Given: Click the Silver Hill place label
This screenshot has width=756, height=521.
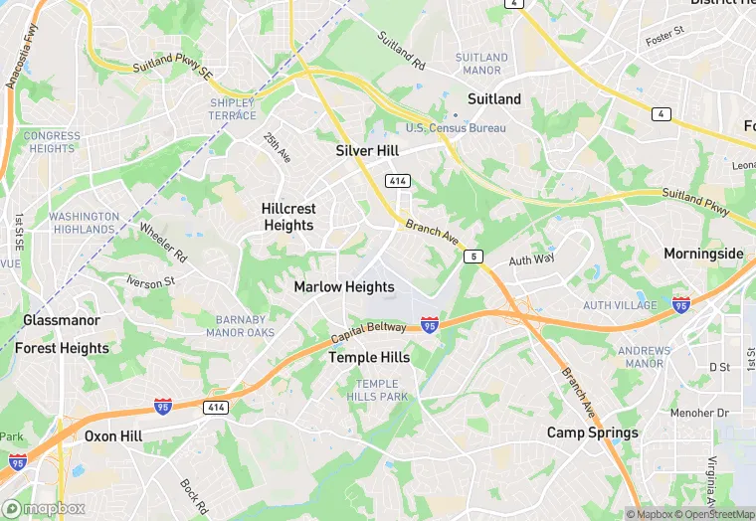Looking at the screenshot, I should point(367,150).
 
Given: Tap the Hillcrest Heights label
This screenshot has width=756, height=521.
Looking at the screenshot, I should point(288,217).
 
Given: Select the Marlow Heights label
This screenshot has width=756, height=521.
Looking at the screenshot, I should point(344,286).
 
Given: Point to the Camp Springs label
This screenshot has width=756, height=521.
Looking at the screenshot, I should point(593,433).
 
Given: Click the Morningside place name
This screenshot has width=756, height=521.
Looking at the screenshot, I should point(703,254).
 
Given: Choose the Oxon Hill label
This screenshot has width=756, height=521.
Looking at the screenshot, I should point(113,435).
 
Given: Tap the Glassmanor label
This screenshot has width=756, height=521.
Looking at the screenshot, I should point(62,320).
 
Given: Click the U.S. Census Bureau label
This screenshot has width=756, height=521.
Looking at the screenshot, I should point(456,128).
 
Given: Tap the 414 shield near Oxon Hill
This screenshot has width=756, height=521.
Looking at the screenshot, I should point(216,407).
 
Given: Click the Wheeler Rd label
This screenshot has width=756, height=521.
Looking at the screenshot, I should point(163,241).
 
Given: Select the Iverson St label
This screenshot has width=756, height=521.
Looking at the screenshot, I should point(150,281).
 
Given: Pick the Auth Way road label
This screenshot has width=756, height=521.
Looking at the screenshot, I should point(531,260).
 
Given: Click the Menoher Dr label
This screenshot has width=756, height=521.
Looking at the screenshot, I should point(700,413).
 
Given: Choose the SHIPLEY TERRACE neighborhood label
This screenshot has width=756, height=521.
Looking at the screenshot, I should point(232,109).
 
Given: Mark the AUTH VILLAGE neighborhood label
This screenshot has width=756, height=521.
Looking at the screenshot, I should point(621,305).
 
